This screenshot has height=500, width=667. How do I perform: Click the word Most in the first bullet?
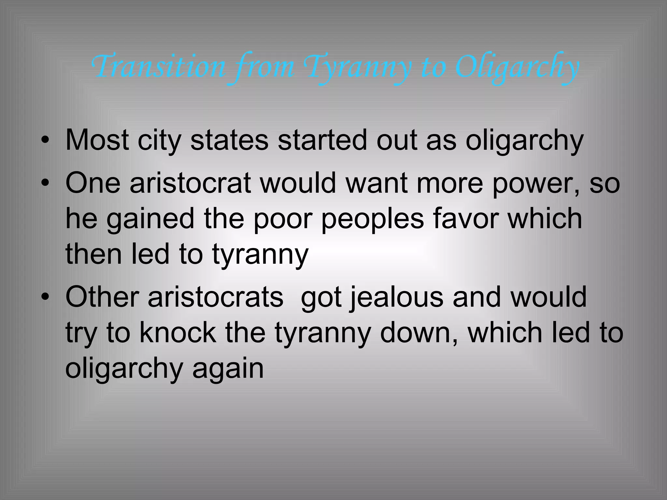[x=97, y=140]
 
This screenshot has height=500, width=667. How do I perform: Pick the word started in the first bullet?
[x=322, y=140]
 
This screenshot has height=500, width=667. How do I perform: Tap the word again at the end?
[x=228, y=370]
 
